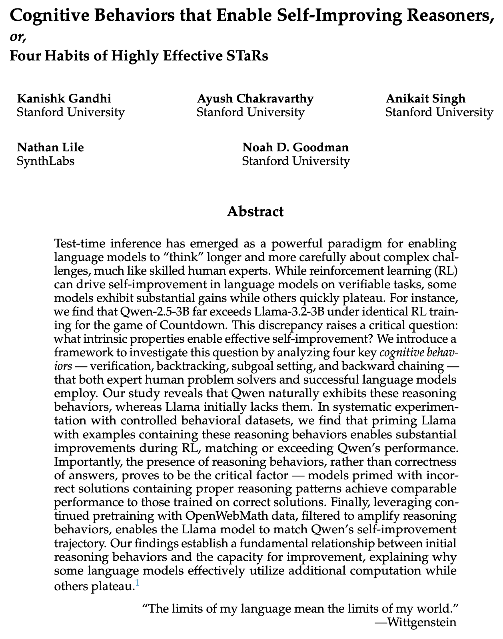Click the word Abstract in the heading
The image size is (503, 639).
255,211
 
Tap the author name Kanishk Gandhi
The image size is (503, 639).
64,98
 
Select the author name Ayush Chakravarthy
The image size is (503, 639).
255,98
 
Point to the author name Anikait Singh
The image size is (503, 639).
425,98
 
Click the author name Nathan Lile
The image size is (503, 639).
50,147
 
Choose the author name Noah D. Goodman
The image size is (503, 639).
295,147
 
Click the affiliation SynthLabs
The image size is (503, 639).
46,161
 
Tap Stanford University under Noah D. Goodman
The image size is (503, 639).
296,161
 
